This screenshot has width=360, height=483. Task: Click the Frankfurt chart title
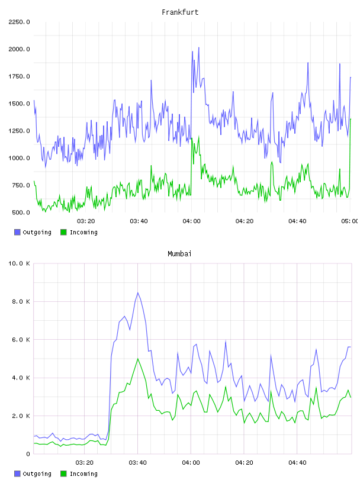(x=180, y=12)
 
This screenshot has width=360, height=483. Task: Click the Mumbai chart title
(x=179, y=254)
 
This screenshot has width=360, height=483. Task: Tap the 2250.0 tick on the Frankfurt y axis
(x=19, y=22)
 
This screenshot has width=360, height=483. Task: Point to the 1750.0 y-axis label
(x=19, y=76)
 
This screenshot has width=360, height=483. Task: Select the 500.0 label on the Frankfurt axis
(x=21, y=212)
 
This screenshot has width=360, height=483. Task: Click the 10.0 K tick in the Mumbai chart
(x=19, y=263)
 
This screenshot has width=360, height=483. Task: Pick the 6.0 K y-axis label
(x=21, y=339)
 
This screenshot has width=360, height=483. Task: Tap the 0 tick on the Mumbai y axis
(x=28, y=454)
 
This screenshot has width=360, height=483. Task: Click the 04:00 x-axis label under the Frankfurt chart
(x=191, y=221)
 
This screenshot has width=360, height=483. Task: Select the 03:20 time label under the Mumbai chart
(x=85, y=463)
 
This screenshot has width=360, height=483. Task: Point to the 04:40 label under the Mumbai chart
(x=297, y=463)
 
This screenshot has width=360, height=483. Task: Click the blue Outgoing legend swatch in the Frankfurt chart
(x=17, y=232)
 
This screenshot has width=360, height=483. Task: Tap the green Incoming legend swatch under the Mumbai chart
(x=63, y=474)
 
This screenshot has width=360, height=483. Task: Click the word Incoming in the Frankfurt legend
(x=83, y=233)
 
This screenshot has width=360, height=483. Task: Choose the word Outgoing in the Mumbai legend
(x=37, y=474)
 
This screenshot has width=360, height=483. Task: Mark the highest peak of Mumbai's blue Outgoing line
(x=138, y=292)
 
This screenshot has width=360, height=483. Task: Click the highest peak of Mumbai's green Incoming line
(x=138, y=359)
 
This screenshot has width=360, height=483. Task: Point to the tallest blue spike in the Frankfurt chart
(x=199, y=48)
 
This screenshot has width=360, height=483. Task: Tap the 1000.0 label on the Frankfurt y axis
(x=19, y=158)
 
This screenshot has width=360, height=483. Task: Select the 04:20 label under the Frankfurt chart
(x=245, y=221)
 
